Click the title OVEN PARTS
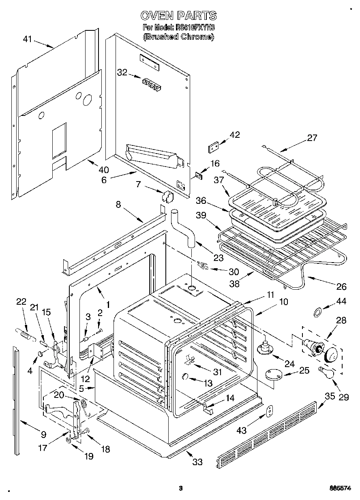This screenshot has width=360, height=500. (x=178, y=15)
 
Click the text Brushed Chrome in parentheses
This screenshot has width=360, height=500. (x=178, y=36)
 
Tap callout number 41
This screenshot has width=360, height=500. (x=27, y=39)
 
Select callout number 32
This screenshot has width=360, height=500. (x=122, y=73)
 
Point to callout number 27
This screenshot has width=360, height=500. (x=312, y=138)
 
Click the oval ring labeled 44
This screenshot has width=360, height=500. (x=318, y=312)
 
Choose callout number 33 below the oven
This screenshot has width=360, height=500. (x=197, y=462)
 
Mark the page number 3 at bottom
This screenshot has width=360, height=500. (x=181, y=488)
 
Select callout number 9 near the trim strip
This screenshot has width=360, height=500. (x=43, y=435)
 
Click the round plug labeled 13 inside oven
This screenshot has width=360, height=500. (x=185, y=376)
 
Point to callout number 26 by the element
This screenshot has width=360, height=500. (x=341, y=286)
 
